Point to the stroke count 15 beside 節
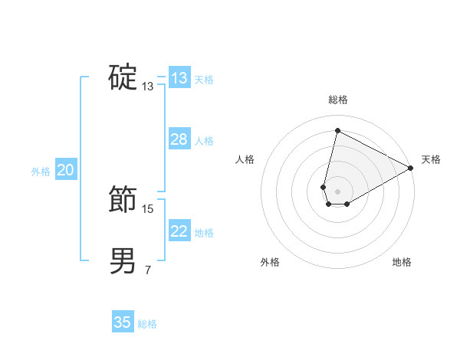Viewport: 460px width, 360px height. [148, 208]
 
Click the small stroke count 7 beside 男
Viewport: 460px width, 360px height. [147, 270]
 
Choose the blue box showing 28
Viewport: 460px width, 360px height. [179, 139]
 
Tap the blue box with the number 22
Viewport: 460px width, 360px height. [179, 231]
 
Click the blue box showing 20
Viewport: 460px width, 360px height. [65, 171]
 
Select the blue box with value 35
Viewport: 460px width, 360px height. [123, 322]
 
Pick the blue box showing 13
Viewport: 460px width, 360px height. [179, 78]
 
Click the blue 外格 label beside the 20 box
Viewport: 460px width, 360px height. [41, 172]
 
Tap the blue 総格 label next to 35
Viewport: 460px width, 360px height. [147, 324]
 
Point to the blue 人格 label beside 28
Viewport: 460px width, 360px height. [204, 141]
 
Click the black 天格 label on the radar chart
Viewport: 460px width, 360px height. [431, 159]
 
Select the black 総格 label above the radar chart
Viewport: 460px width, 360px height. [337, 100]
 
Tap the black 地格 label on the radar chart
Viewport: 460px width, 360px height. [402, 262]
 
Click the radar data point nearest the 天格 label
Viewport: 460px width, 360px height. [411, 168]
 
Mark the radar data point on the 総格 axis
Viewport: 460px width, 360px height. [337, 131]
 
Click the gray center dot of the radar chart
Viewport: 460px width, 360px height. [337, 191]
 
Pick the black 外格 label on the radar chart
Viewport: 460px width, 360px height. [270, 262]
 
